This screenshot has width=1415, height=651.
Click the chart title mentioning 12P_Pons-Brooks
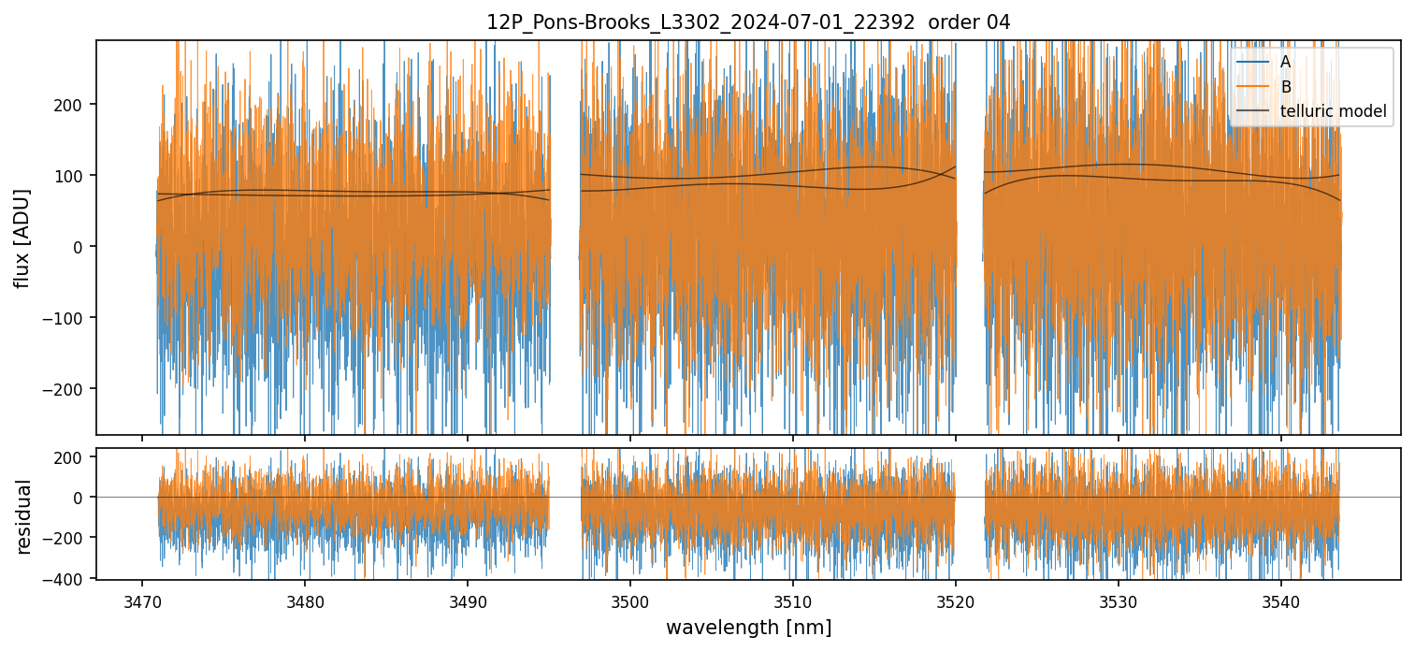tap(747, 22)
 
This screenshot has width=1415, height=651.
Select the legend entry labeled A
tap(1285, 62)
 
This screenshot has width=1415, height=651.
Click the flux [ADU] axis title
tap(22, 238)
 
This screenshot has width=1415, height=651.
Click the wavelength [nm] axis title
tap(747, 627)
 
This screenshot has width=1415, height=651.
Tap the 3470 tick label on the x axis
tap(142, 600)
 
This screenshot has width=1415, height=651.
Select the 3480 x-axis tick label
tap(305, 600)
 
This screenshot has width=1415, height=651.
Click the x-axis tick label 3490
tap(468, 600)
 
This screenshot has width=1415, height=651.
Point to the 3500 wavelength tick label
tap(629, 600)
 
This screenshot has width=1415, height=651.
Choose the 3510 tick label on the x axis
tap(792, 600)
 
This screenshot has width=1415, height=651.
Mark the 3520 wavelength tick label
tap(955, 600)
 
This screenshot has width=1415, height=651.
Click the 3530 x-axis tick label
tap(1118, 600)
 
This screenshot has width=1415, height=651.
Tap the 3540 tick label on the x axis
tap(1280, 600)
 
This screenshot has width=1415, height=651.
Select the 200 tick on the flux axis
tap(75, 104)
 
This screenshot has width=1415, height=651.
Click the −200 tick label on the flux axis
tap(70, 388)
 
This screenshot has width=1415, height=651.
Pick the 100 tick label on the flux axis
tap(75, 175)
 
